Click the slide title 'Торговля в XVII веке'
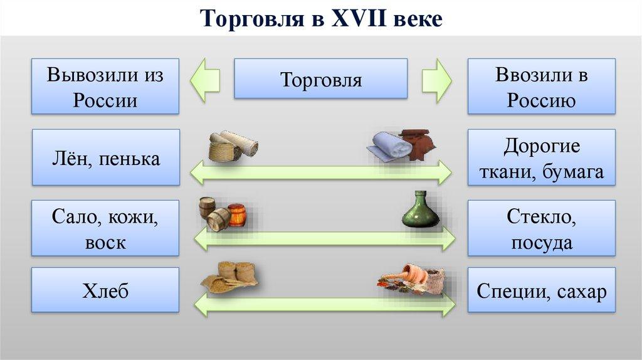click(x=321, y=19)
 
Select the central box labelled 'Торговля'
click(x=320, y=79)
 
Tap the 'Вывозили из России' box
click(x=105, y=87)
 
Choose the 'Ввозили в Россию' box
click(x=541, y=87)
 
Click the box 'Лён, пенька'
click(x=105, y=158)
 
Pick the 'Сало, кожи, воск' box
click(x=105, y=228)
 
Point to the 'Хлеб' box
click(x=105, y=290)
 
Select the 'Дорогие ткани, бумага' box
click(x=541, y=158)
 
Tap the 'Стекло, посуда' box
click(x=541, y=228)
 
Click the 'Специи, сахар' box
click(x=541, y=290)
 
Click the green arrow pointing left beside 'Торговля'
click(x=205, y=79)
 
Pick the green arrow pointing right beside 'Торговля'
click(x=436, y=79)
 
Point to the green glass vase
click(x=420, y=210)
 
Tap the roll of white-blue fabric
click(x=389, y=147)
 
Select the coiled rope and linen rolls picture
click(x=233, y=147)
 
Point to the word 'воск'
click(x=105, y=243)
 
